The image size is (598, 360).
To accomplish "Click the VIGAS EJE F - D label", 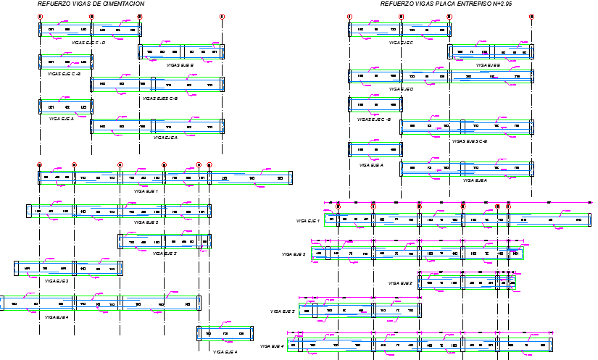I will point(88,43).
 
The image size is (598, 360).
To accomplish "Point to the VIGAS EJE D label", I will point(401,89).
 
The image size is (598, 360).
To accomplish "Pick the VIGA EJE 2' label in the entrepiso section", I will point(400,283).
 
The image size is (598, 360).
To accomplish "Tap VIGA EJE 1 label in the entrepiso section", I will point(308,220).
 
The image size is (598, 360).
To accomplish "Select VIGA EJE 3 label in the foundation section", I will point(56,281).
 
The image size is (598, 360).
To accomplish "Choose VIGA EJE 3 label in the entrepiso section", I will point(283,311).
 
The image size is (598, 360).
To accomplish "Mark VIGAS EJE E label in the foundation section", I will point(180,65).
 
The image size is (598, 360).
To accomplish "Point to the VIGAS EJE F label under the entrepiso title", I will point(401,43).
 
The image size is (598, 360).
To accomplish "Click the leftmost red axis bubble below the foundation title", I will point(40,16).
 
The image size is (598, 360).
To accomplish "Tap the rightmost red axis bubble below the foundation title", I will point(222,16).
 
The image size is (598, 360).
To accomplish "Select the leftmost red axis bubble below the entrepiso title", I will point(349,16).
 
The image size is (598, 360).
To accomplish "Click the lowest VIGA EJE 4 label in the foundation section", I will point(225,352).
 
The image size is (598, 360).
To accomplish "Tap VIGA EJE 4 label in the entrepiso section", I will point(273,346).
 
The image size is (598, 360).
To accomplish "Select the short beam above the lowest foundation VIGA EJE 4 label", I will point(225,333).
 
